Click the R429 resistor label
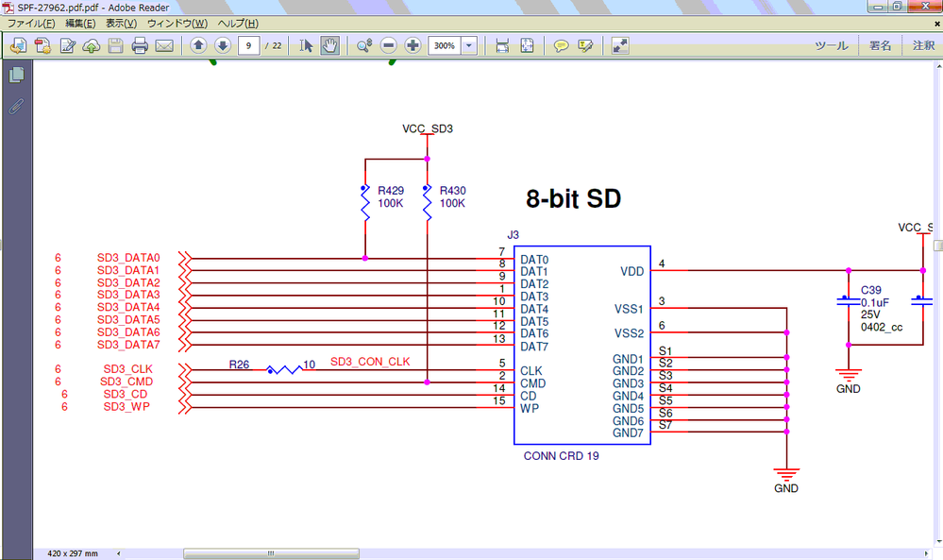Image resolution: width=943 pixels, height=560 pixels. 391,190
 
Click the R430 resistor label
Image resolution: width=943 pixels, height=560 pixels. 453,190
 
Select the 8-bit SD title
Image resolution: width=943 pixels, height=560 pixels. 573,199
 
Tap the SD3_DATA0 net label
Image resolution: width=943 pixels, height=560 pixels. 128,258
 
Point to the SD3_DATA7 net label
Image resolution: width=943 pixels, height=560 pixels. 128,345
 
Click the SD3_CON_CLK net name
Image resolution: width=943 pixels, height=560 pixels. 370,362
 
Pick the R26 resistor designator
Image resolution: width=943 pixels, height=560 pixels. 240,364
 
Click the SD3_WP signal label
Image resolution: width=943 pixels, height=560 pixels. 127,407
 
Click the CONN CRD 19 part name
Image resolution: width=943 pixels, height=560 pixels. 561,456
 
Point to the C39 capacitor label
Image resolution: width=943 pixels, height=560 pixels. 870,290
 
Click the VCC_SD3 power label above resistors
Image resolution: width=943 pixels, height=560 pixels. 428,128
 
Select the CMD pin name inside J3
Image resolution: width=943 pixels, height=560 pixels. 532,383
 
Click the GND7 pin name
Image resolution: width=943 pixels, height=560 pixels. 628,433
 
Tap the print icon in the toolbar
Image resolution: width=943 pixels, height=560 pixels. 140,45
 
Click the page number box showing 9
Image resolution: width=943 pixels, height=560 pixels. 248,45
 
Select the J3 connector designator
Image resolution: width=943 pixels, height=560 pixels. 514,234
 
